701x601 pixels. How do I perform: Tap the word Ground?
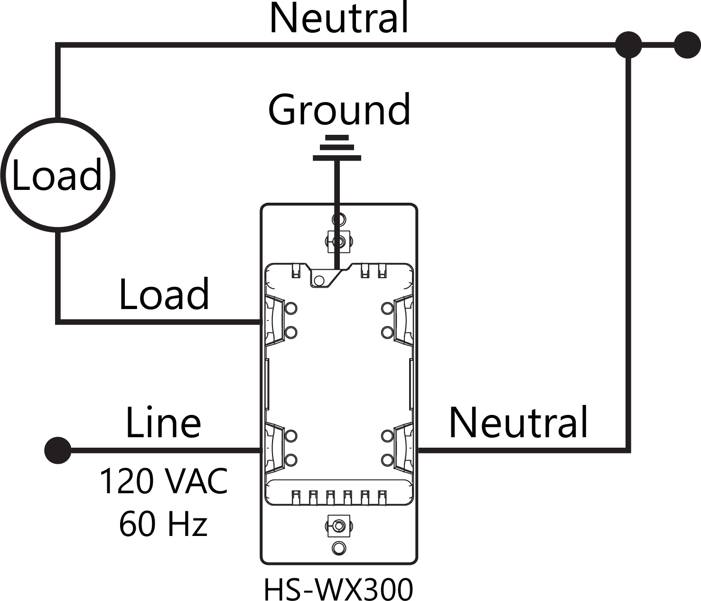pos(339,110)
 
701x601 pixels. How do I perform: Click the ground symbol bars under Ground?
pos(337,148)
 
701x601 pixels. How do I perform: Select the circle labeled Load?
pos(57,175)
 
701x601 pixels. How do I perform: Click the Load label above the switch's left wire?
pos(164,294)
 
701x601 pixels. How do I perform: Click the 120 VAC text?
pos(164,481)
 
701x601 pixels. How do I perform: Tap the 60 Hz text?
pos(163,524)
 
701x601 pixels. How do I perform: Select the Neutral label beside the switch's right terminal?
pos(518,423)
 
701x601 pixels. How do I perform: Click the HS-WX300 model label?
pos(338,589)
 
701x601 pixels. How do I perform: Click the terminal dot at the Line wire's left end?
pos(58,450)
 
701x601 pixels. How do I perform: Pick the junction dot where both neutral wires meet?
pos(628,45)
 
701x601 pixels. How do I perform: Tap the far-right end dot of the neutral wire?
pos(687,45)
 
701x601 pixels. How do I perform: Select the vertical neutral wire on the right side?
pos(628,247)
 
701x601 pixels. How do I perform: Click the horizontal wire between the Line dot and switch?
pos(166,450)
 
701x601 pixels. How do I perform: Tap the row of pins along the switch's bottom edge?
pos(337,497)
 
